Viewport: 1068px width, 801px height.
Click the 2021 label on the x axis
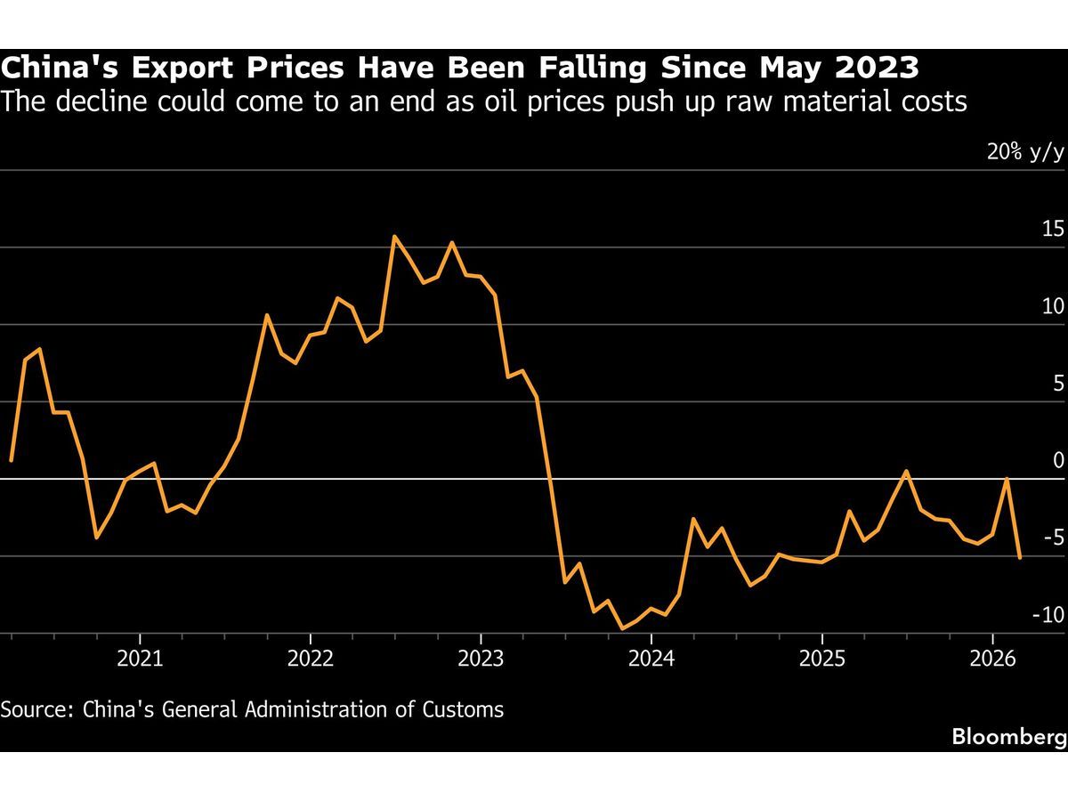139,660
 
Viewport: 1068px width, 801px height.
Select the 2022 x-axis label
310,660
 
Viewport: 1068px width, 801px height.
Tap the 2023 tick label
481,660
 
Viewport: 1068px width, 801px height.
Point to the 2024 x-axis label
651,660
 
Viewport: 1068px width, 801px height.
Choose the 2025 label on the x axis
822,660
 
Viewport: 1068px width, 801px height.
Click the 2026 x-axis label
993,660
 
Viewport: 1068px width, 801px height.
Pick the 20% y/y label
1024,152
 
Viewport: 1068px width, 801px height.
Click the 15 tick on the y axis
1053,230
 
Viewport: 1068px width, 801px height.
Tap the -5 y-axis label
1053,538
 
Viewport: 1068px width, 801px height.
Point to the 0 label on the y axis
1058,460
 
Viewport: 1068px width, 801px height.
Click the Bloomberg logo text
1009,737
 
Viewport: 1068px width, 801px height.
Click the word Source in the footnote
36,709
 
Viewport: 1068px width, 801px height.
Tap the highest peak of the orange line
394,236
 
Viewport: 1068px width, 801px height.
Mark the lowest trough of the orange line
623,628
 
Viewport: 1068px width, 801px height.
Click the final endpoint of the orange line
1020,557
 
